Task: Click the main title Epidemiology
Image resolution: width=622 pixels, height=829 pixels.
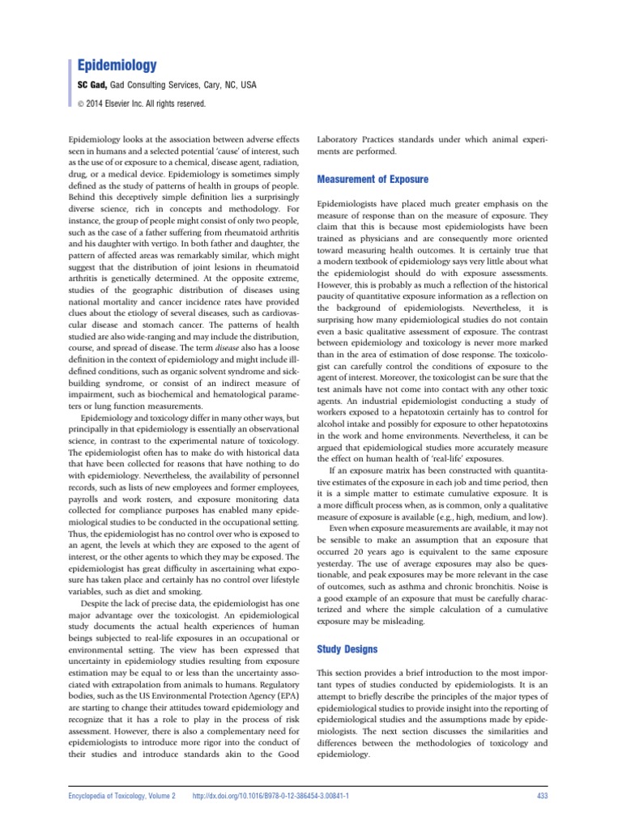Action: point(117,64)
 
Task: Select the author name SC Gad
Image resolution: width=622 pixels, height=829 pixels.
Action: point(92,85)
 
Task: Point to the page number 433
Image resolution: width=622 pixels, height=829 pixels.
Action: point(543,797)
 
